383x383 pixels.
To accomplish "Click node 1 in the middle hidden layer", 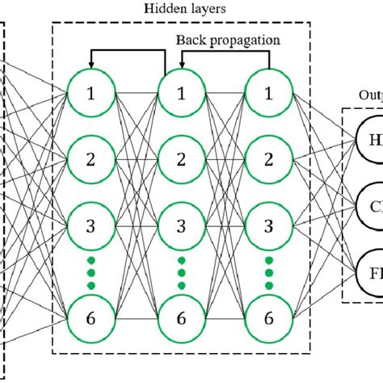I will [182, 93].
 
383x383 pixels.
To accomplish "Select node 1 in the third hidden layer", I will [268, 93].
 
